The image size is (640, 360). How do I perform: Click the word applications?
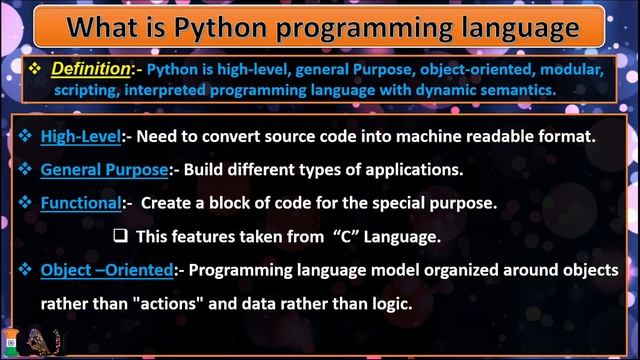pyautogui.click(x=414, y=169)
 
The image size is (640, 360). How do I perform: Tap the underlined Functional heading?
pyautogui.click(x=80, y=202)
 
